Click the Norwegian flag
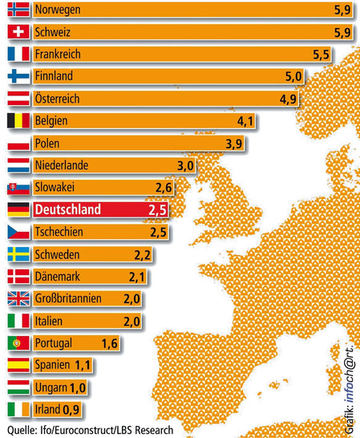click(x=17, y=10)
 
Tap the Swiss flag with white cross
click(x=17, y=33)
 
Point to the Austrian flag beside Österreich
click(x=17, y=99)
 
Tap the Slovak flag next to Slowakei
click(x=17, y=189)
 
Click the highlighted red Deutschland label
click(x=68, y=210)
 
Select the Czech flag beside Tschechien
click(x=17, y=233)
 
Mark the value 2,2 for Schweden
click(x=141, y=255)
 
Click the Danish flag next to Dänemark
click(x=17, y=277)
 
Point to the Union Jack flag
click(x=17, y=299)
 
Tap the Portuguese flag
click(x=17, y=343)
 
